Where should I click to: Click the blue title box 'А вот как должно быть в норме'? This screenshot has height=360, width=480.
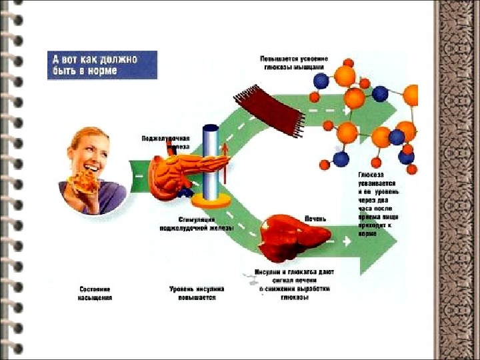[x=102, y=65]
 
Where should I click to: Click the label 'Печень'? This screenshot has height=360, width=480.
[x=316, y=217]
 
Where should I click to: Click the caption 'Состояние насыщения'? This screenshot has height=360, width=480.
[x=94, y=294]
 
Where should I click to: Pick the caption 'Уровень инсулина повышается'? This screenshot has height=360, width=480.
[x=197, y=294]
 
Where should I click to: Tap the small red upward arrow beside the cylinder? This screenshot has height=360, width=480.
[x=225, y=160]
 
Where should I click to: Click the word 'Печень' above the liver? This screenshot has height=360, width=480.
[x=316, y=217]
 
